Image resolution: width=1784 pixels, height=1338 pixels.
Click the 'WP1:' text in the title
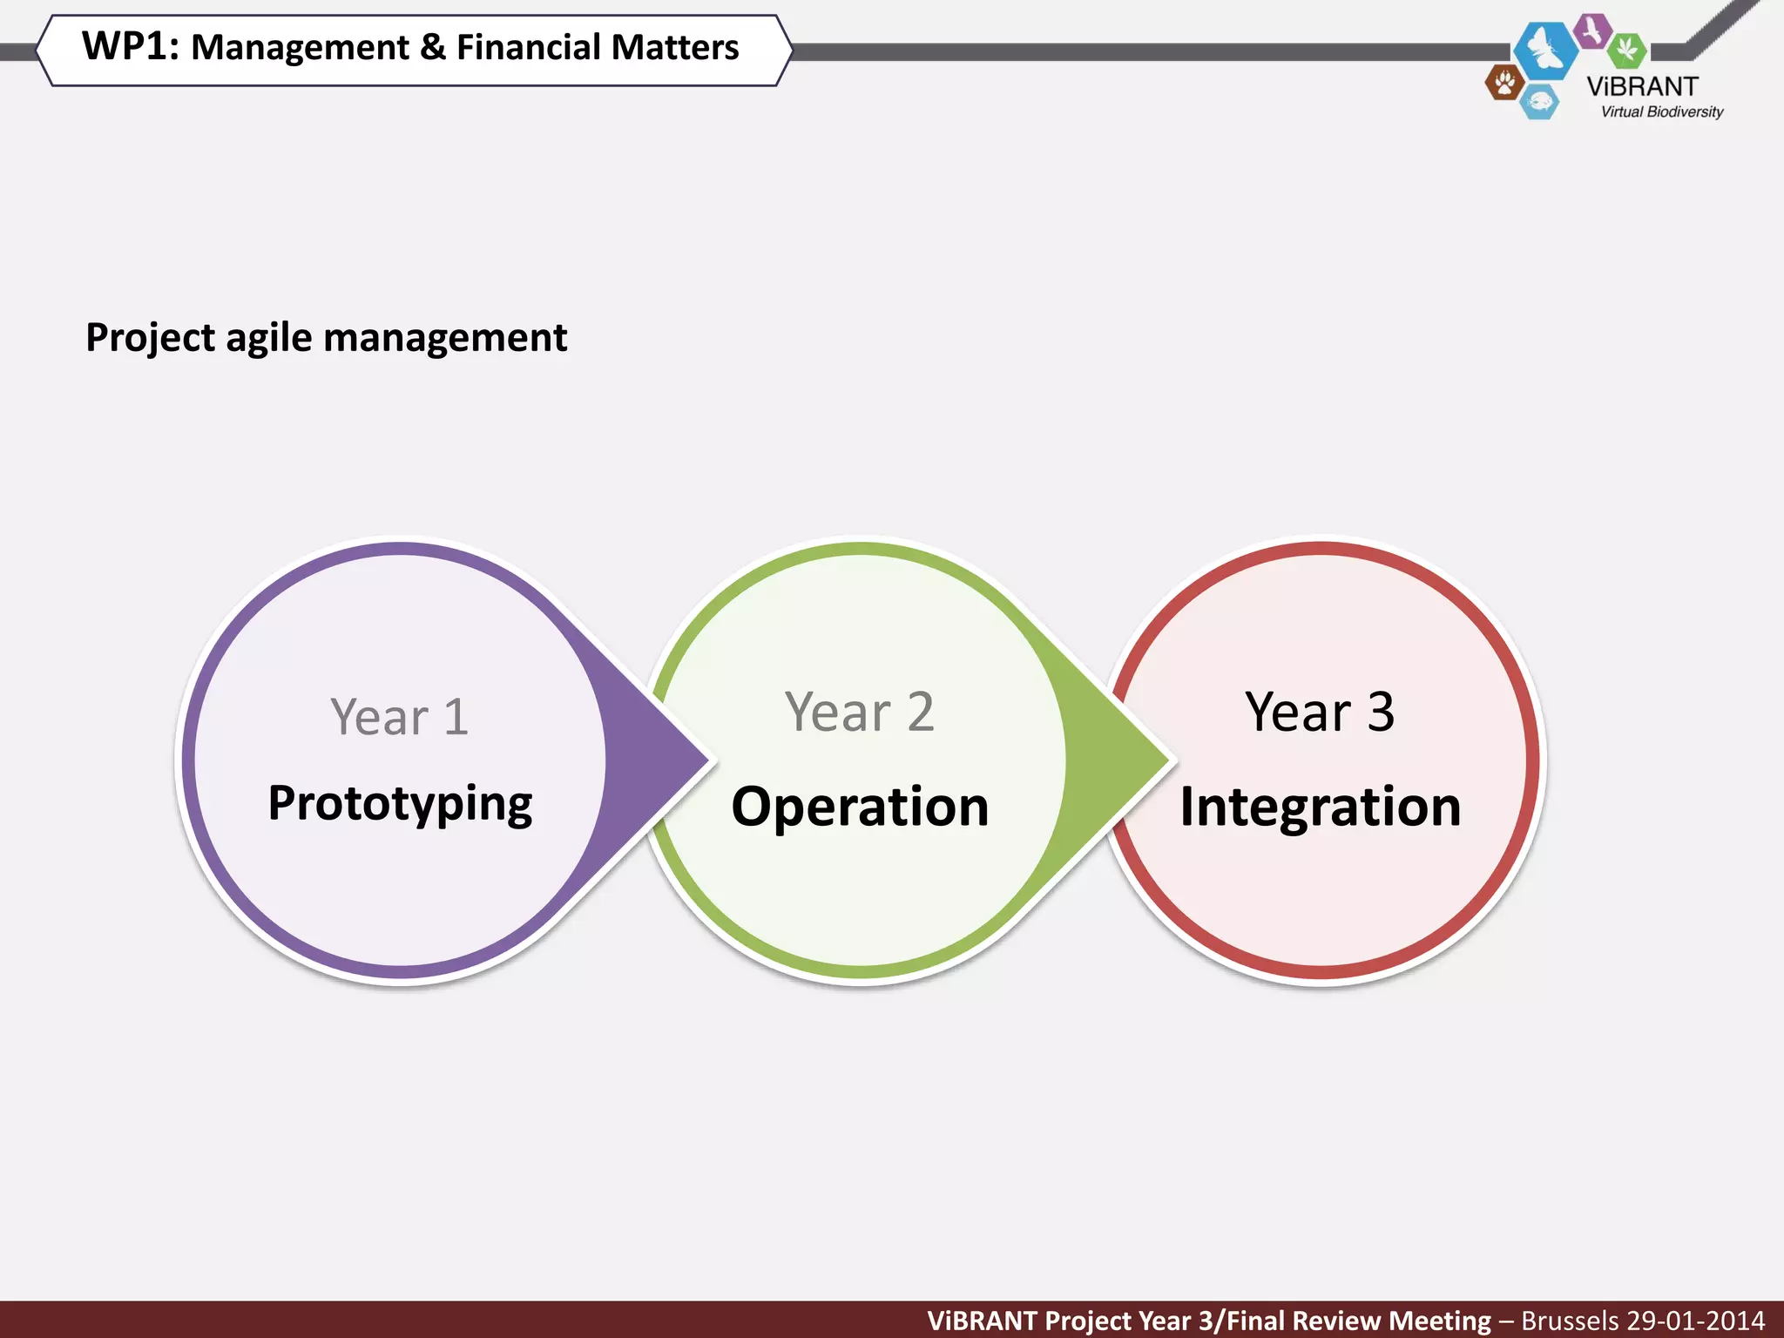point(130,46)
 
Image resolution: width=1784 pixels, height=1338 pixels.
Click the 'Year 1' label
point(400,717)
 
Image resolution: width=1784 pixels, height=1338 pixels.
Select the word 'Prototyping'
point(400,803)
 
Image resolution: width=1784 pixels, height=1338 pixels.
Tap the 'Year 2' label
point(859,712)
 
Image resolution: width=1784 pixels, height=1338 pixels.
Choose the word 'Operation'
point(860,807)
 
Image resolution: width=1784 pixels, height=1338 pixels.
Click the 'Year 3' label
point(1320,712)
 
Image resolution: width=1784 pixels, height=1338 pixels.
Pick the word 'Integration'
point(1320,807)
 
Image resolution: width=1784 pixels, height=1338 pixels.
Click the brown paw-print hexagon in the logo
point(1504,84)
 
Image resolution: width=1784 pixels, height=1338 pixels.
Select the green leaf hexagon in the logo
point(1626,50)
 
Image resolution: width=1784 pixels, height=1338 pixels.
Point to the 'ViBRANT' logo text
point(1642,86)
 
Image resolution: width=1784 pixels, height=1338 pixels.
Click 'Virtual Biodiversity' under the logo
point(1661,111)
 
